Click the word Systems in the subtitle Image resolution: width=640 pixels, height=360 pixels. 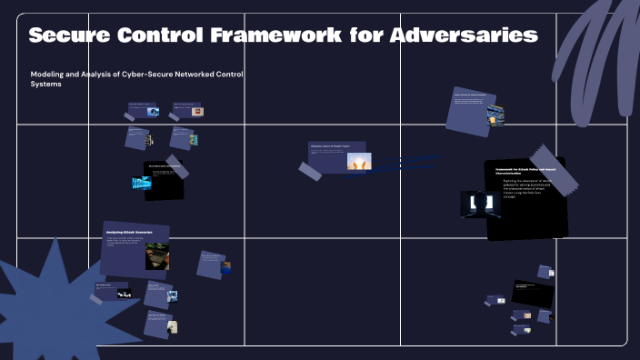(x=46, y=85)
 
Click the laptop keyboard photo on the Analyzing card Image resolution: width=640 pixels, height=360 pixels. (x=156, y=256)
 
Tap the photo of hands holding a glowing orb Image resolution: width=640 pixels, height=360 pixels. (x=358, y=162)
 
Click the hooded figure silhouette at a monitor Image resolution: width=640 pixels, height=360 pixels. (x=480, y=204)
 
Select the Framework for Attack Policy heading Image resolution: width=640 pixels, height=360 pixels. (x=524, y=172)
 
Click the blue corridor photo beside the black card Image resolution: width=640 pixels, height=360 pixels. (x=142, y=183)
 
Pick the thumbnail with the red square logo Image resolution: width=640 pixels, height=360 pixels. (x=197, y=112)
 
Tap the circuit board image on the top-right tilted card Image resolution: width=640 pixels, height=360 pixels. (x=495, y=115)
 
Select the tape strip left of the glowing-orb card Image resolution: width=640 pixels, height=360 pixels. (x=309, y=169)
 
